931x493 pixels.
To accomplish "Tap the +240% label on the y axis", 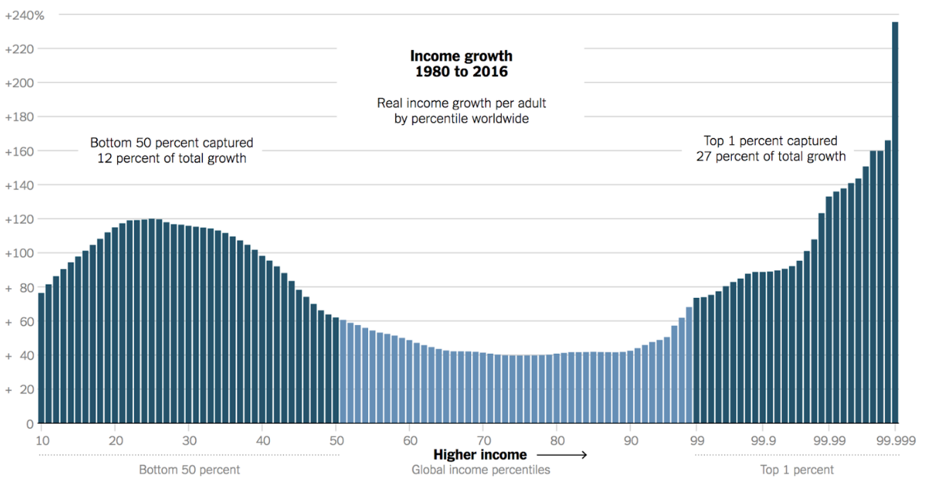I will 24,15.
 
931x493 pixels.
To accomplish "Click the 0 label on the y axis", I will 30,424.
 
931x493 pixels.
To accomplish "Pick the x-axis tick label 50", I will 336,440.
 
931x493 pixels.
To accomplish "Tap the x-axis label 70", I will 483,440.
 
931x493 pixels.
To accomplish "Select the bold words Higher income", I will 480,455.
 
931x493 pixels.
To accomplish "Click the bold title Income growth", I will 461,56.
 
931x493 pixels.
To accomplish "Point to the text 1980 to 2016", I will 461,72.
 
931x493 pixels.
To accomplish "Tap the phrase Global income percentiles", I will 480,470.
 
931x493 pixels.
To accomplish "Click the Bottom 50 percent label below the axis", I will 189,470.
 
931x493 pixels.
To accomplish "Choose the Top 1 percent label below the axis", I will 797,470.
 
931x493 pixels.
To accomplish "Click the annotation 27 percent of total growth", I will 771,156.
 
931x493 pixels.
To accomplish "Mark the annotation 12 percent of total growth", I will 172,158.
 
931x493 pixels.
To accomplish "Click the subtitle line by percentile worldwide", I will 461,119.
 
